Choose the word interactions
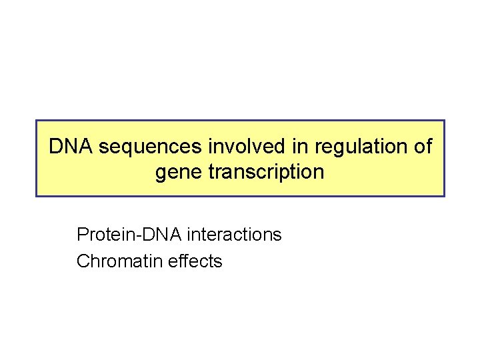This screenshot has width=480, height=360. click(x=234, y=235)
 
